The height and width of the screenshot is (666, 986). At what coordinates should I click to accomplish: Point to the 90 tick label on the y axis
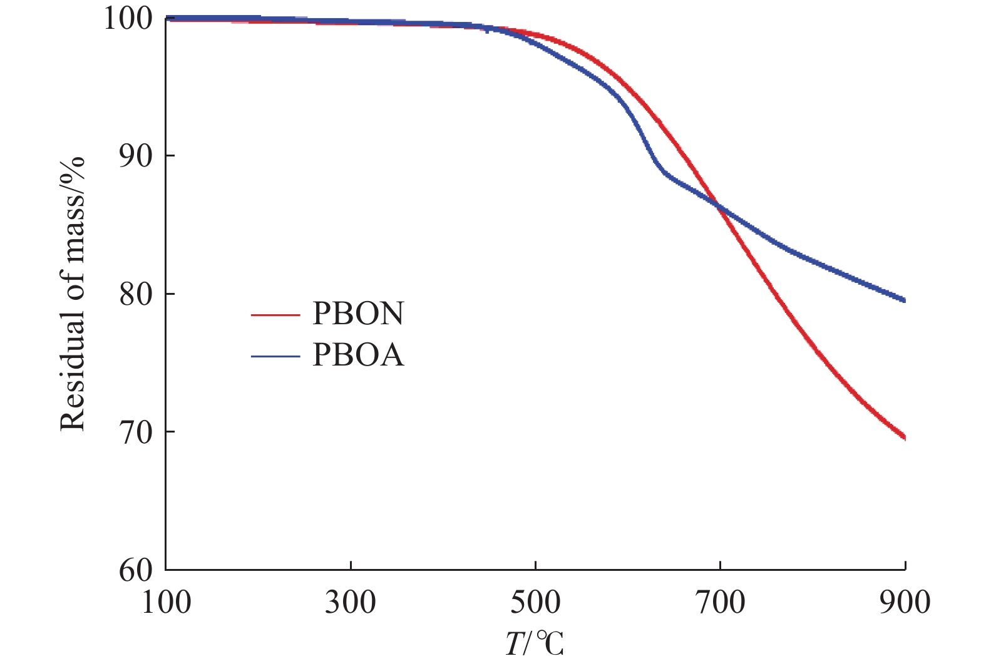135,156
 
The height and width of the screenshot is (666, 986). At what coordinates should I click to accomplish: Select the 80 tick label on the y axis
135,294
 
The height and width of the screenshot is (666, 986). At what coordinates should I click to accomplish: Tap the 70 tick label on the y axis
135,432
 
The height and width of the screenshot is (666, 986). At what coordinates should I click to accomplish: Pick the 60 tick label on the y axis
135,570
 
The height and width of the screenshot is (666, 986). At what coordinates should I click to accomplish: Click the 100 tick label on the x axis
166,602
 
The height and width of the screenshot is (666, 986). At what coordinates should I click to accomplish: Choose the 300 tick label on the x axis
351,602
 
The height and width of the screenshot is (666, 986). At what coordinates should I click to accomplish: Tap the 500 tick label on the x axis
535,602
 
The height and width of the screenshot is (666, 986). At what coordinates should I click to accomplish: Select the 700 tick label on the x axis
720,602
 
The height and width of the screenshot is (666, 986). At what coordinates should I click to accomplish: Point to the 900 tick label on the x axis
905,602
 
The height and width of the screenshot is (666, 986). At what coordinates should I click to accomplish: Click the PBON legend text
358,314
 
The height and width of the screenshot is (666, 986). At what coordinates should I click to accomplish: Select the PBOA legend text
358,356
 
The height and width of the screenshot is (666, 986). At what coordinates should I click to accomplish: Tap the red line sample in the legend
276,315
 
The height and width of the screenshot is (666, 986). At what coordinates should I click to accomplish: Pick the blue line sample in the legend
276,356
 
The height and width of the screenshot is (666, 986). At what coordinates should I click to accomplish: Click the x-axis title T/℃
535,645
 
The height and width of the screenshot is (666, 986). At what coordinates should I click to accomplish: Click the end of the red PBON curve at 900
904,438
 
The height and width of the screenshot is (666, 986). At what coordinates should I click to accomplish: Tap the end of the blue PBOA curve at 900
904,300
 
